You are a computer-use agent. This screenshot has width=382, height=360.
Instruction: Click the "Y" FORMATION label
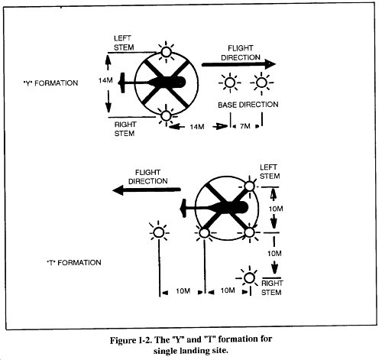(50, 83)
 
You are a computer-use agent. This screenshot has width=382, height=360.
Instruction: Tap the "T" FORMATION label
(74, 262)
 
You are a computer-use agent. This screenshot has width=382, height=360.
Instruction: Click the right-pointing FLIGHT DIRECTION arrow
(238, 64)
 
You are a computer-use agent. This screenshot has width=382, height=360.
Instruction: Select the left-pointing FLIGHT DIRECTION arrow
(147, 190)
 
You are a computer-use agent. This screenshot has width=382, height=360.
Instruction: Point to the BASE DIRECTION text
(248, 105)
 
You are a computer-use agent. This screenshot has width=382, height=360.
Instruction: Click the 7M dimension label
(245, 126)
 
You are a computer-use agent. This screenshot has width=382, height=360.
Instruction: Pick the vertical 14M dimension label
(105, 80)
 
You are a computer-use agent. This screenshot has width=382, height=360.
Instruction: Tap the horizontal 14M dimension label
(197, 127)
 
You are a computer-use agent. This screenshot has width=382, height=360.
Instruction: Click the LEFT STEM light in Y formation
(166, 52)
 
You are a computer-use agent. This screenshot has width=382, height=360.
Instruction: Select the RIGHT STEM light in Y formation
(166, 115)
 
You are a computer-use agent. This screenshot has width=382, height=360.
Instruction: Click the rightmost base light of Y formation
(261, 83)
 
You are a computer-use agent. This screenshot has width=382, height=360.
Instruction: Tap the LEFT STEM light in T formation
(250, 186)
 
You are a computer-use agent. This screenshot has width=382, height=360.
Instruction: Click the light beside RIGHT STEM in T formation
(249, 278)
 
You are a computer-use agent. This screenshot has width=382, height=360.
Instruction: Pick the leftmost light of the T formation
(159, 232)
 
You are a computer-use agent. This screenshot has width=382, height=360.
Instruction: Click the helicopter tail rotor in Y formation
(122, 83)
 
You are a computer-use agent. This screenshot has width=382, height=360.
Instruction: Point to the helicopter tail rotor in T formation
(183, 209)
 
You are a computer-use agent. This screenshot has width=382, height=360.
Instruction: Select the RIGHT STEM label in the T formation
(271, 287)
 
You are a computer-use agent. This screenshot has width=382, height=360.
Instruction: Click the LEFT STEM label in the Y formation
(124, 43)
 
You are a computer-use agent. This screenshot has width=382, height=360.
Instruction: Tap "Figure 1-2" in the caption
(131, 340)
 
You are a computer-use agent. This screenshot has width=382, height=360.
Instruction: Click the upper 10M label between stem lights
(276, 209)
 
